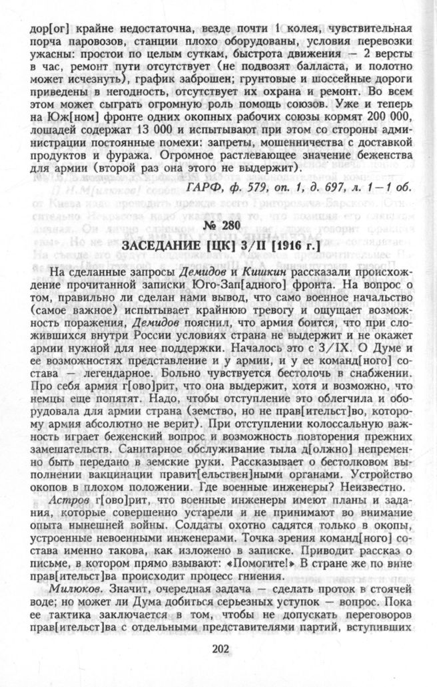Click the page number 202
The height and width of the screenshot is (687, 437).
coord(218,650)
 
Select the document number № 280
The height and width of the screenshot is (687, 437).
coord(218,230)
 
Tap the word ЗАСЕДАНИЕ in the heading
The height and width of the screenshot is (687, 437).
coord(159,247)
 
